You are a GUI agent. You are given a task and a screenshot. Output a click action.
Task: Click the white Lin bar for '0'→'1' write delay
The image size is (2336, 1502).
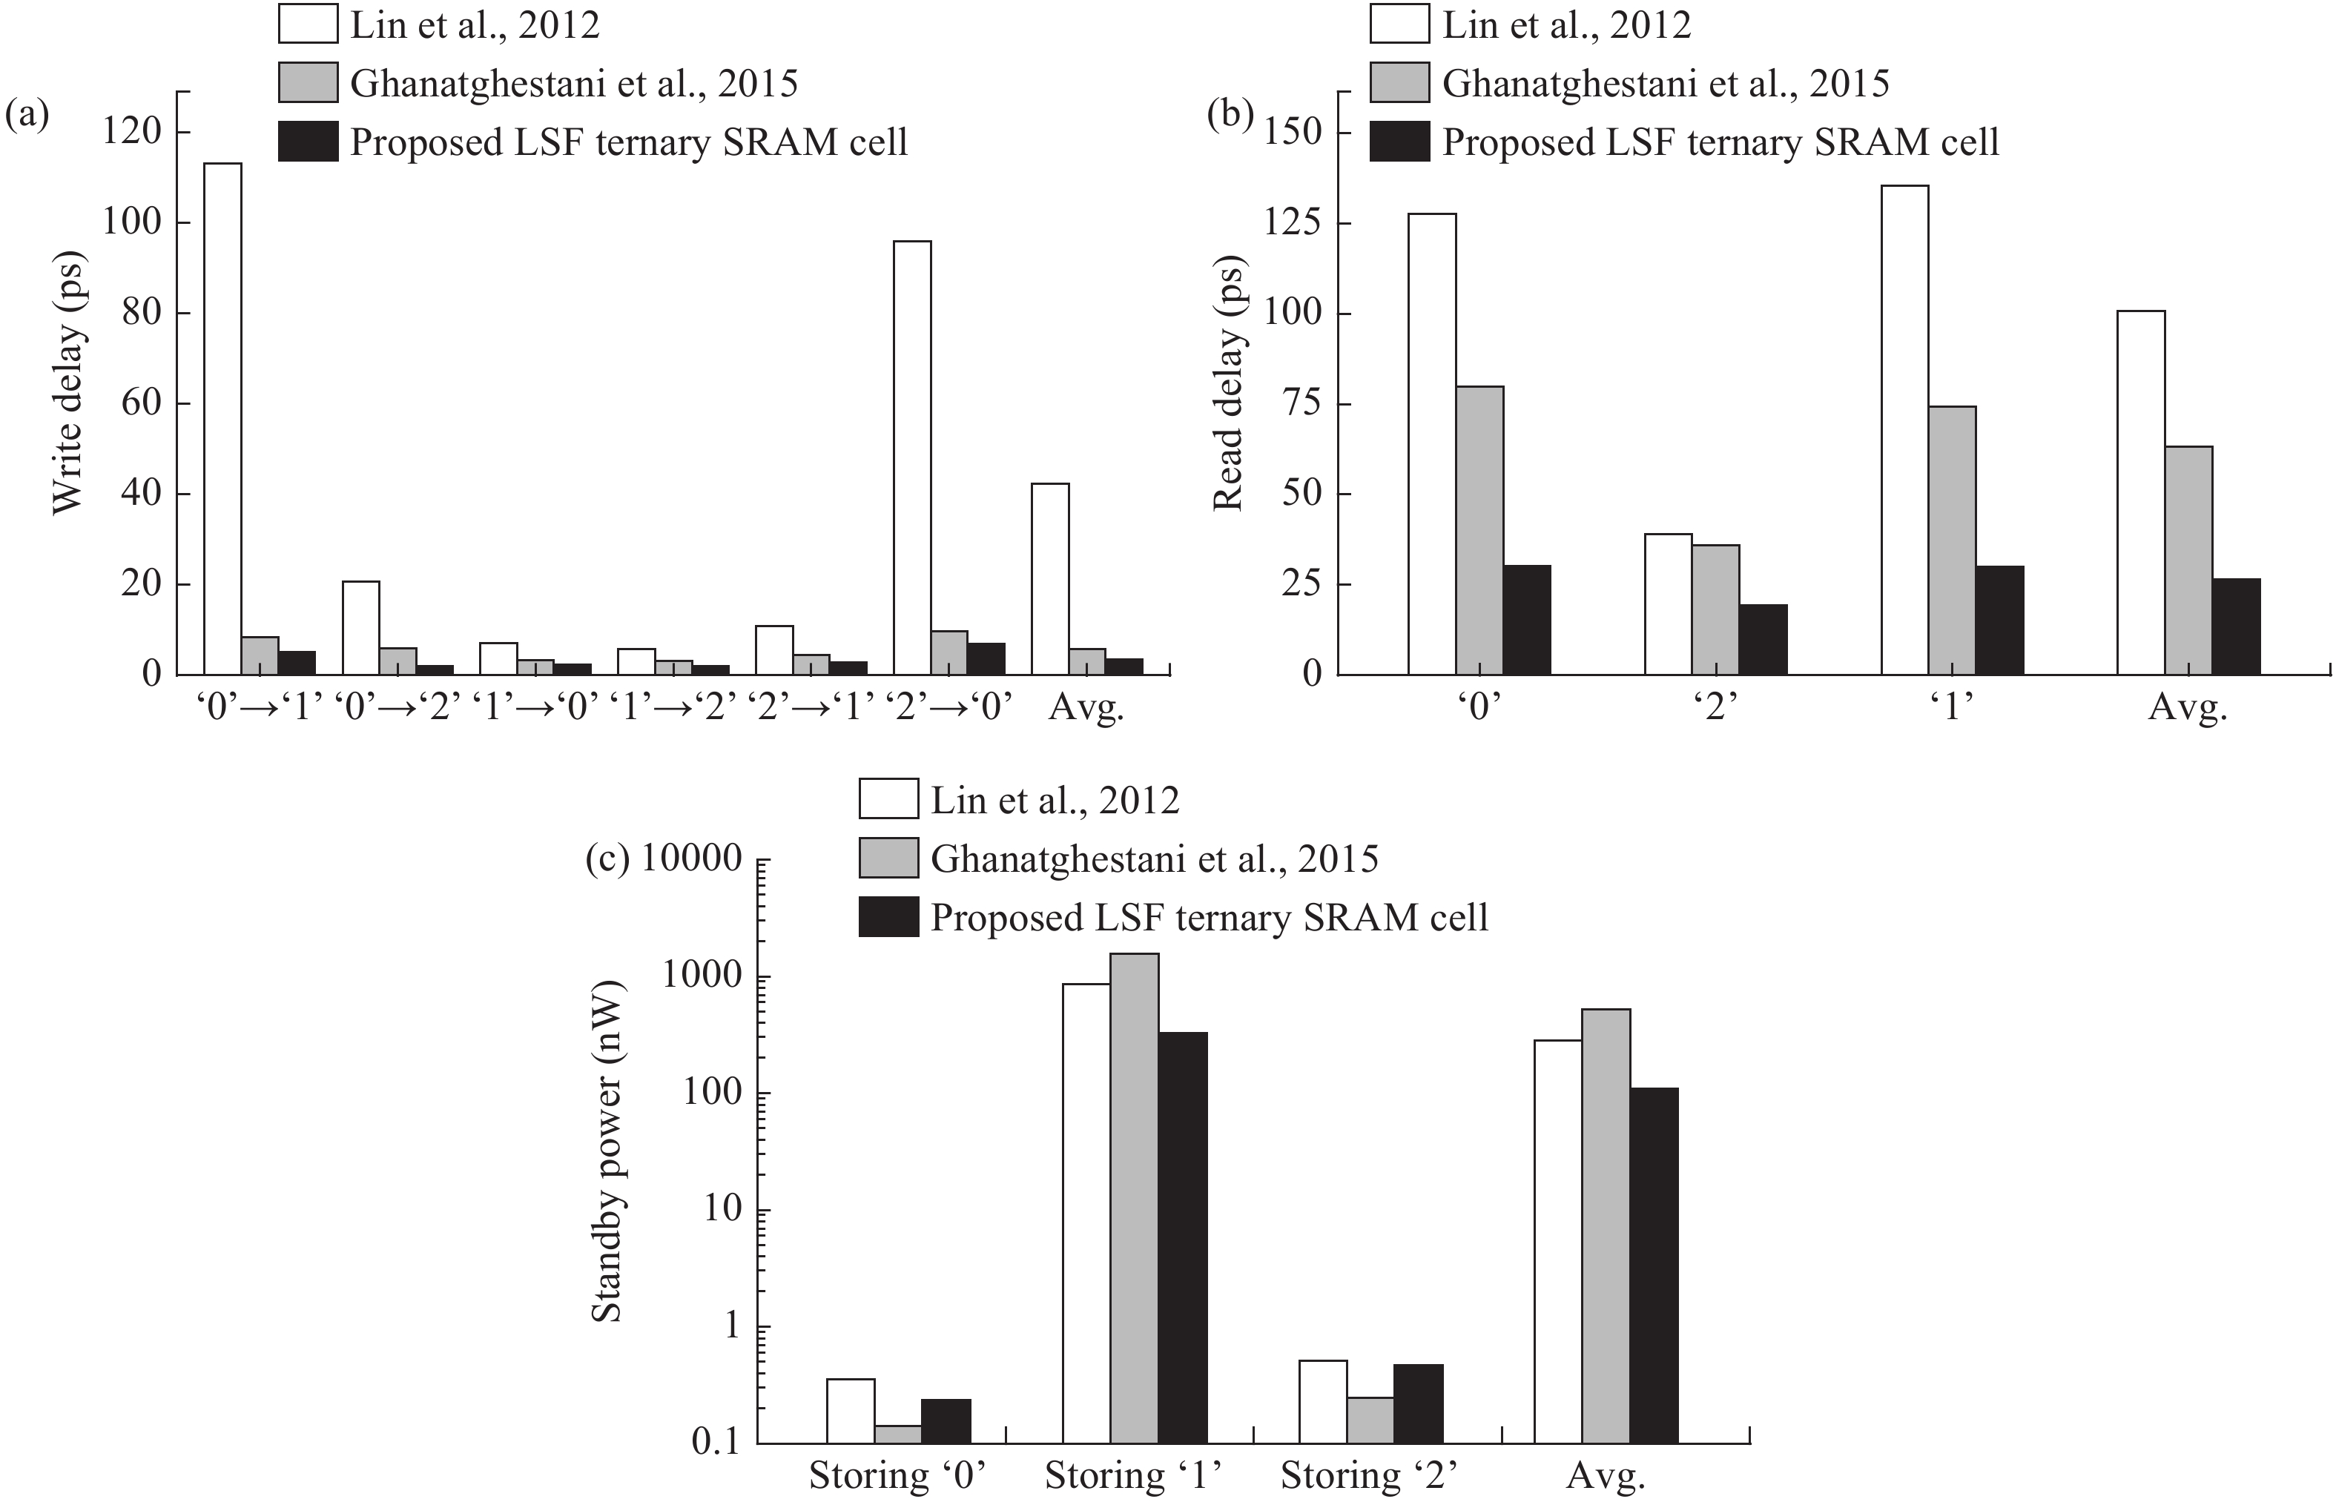coord(223,420)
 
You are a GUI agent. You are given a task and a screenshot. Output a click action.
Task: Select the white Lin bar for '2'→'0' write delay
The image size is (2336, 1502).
coord(912,458)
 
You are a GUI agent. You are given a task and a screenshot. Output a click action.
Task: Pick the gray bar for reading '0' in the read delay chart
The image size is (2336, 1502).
coord(1479,531)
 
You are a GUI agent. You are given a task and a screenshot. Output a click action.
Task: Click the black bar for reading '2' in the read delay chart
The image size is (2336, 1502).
coord(1763,640)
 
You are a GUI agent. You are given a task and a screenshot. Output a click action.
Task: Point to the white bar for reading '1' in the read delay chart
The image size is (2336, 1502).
coord(1905,430)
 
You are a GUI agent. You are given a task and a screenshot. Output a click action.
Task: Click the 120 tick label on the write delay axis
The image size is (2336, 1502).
coord(133,133)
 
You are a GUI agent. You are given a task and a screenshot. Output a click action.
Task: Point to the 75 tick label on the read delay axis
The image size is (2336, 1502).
coord(1296,404)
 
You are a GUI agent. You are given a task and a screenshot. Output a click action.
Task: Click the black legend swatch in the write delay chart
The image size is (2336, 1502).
coord(309,142)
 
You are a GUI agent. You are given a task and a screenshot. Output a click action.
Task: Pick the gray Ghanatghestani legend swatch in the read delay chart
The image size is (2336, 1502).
coord(1399,83)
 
